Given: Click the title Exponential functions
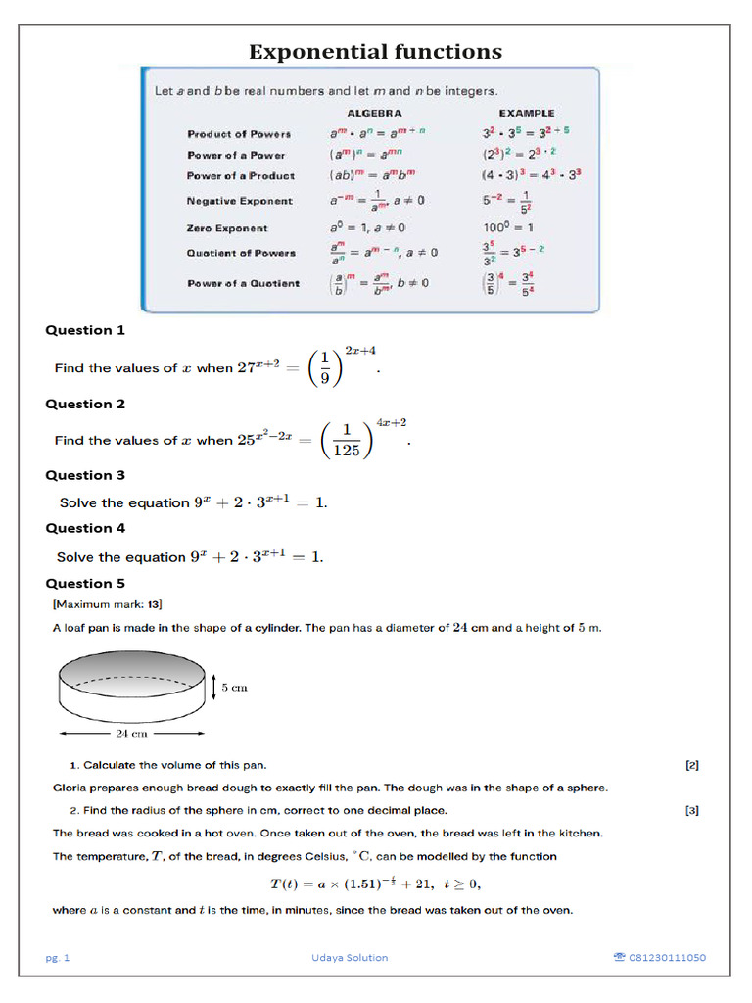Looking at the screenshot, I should pos(375,51).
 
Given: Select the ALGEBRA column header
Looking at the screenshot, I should pos(374,113).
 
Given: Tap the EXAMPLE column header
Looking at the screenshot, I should pos(526,113).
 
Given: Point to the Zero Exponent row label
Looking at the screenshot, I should pos(227,228).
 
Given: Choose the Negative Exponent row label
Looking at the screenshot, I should pos(239,201).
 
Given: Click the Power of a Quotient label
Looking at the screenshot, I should pos(243,284).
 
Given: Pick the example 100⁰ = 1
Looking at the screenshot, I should pos(507,228).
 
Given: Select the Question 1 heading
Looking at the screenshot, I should pos(85,330).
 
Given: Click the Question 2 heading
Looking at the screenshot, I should pos(85,404).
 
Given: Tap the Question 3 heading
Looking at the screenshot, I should pos(85,475).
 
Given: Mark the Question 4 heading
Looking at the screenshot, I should pos(85,528).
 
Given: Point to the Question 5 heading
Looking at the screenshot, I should pos(85,583).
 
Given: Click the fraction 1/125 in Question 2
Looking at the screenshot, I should pos(345,441).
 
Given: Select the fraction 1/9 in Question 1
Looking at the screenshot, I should pos(324,369).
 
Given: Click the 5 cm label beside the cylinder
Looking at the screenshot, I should pos(234,688).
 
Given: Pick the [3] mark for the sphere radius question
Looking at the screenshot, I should pos(691,810).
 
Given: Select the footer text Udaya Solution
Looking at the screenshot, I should pos(343,958).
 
